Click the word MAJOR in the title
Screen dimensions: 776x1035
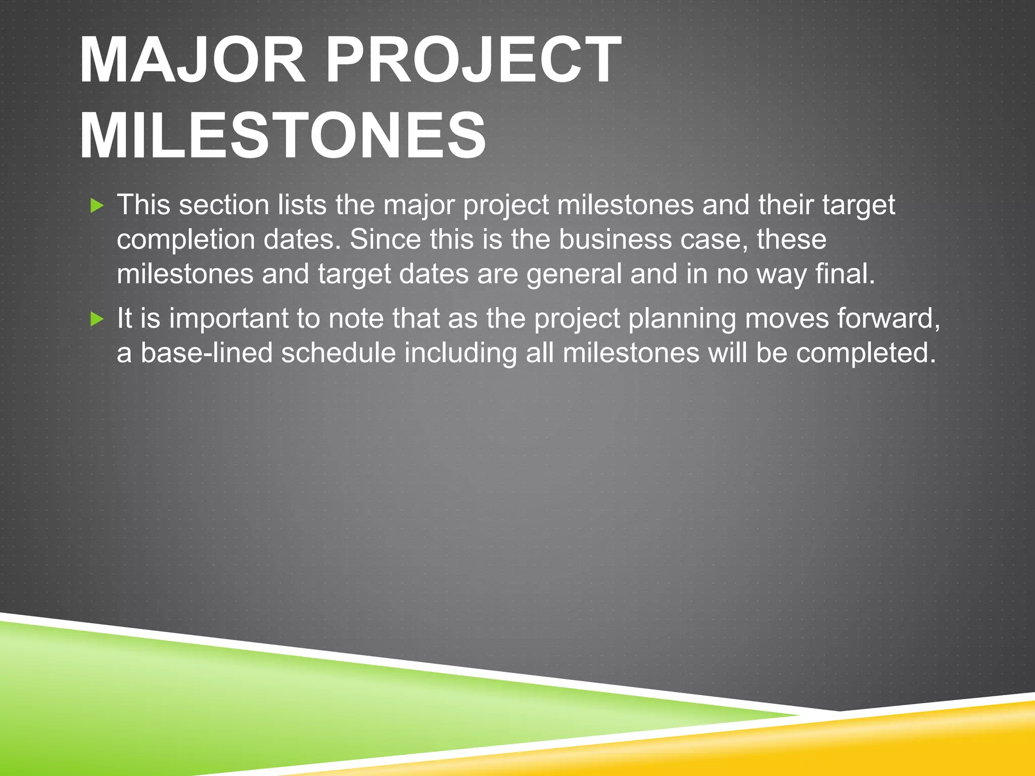(192, 61)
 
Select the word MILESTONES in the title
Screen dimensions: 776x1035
(283, 136)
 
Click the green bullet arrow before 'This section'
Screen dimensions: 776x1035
(97, 206)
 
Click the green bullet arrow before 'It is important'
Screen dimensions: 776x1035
(97, 319)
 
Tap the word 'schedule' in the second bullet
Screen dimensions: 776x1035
(338, 353)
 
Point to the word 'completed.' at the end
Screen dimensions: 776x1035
(866, 354)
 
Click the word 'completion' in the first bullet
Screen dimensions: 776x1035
(186, 240)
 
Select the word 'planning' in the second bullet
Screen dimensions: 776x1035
(682, 320)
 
